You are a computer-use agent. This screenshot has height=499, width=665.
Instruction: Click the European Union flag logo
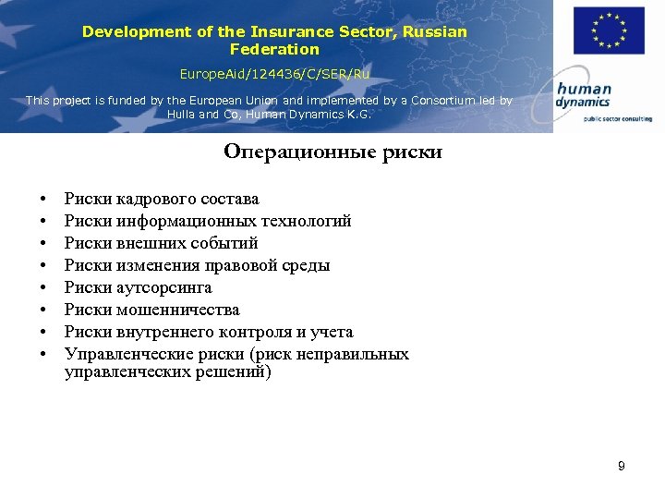coord(608,30)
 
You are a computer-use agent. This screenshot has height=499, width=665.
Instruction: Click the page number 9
coord(622,467)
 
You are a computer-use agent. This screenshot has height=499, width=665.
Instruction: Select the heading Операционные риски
coord(332,152)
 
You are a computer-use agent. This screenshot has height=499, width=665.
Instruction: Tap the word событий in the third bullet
coord(224,243)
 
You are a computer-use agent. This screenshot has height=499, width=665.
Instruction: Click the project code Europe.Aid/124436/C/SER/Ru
coord(273,72)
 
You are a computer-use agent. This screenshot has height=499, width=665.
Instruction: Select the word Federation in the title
coord(274,50)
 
